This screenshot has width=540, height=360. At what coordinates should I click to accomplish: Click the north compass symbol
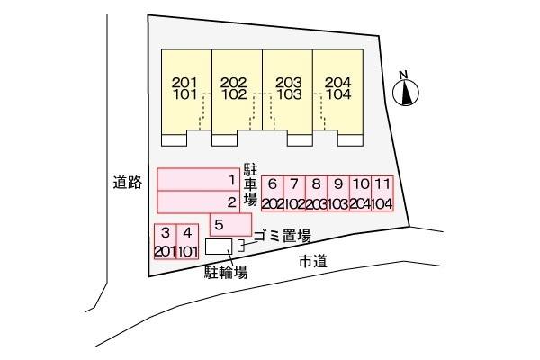click(406, 92)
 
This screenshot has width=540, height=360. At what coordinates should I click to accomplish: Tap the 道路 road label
click(128, 182)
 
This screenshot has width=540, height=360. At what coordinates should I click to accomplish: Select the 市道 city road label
click(312, 262)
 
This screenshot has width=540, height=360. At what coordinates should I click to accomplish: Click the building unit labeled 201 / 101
click(186, 97)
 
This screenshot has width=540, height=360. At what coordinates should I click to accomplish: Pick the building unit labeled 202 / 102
click(237, 97)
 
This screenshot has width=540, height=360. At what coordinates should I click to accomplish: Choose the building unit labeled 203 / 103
click(288, 97)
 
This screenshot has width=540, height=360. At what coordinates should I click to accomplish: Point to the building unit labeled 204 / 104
click(337, 97)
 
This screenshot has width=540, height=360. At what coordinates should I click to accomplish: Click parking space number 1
click(198, 179)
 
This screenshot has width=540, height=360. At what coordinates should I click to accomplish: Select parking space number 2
click(198, 202)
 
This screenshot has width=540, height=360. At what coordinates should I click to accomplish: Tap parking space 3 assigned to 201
click(165, 241)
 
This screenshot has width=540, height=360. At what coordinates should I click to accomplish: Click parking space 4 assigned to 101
click(187, 241)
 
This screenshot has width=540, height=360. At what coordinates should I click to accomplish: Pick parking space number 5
click(230, 225)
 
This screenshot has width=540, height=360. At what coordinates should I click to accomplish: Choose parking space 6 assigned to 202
click(273, 193)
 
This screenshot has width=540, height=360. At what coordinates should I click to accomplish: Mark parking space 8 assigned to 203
click(316, 193)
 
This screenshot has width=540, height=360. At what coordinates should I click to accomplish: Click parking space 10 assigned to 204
click(361, 193)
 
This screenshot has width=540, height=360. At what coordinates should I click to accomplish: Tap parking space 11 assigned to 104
click(382, 193)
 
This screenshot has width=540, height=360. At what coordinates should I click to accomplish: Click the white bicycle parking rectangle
click(219, 247)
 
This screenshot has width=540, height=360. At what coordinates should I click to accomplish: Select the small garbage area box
click(241, 246)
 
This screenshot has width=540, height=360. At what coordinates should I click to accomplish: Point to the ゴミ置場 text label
click(283, 237)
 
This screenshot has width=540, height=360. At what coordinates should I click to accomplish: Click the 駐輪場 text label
click(226, 273)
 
